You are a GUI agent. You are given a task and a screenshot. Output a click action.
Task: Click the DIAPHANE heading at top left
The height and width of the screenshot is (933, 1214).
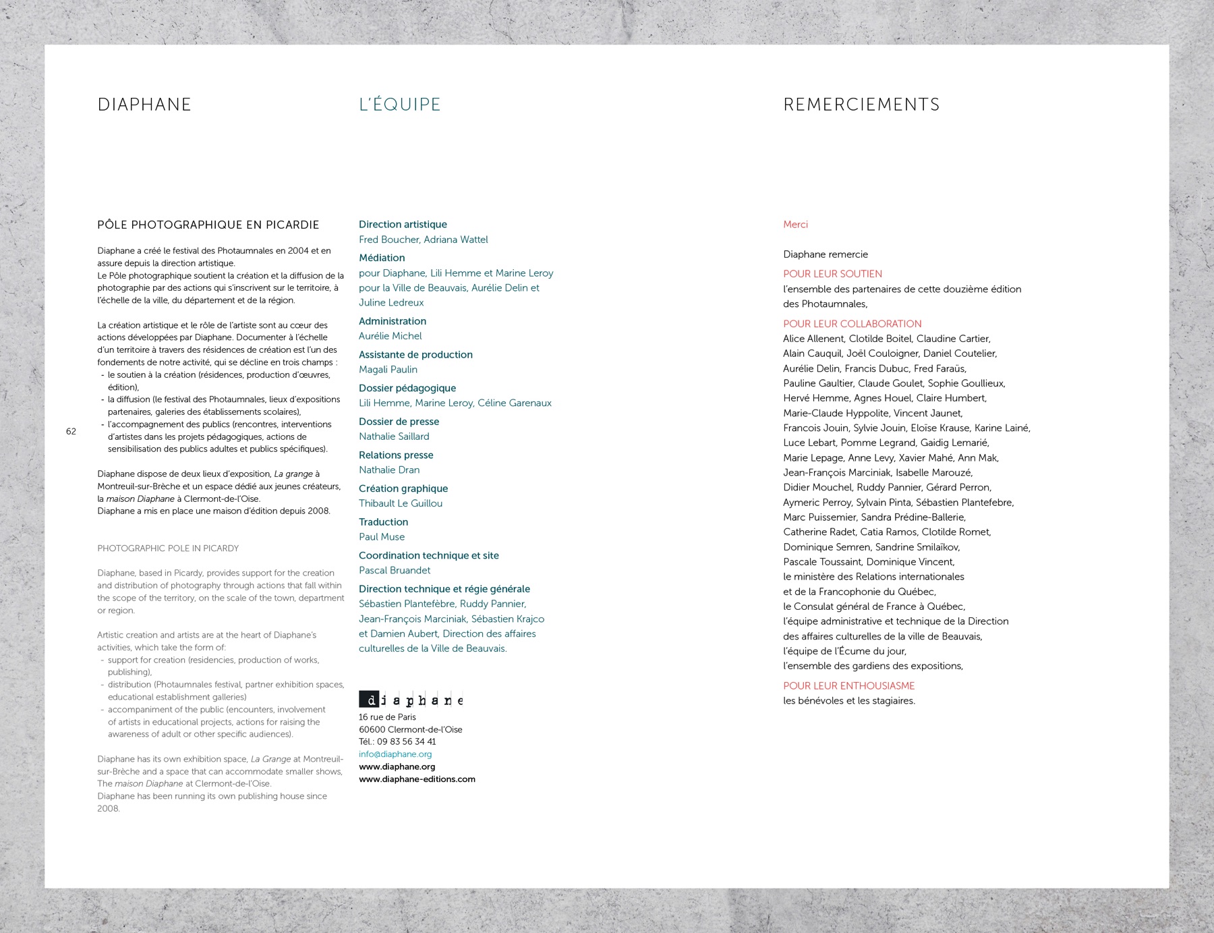[x=144, y=105]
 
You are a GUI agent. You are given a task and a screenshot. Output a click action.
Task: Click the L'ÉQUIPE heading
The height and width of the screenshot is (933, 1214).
[x=399, y=105]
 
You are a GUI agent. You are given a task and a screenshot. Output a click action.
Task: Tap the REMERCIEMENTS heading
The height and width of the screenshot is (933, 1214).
[x=861, y=105]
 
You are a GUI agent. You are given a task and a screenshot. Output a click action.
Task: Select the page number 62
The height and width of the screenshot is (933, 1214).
[x=71, y=431]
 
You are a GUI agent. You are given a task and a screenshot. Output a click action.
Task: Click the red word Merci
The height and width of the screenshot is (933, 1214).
[x=795, y=225]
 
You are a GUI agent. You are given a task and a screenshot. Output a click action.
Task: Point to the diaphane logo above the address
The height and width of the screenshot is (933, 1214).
[x=411, y=700]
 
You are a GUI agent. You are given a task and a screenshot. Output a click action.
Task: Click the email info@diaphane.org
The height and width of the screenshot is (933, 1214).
[x=395, y=754]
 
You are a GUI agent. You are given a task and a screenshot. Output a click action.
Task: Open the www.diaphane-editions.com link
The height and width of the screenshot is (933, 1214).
[x=417, y=779]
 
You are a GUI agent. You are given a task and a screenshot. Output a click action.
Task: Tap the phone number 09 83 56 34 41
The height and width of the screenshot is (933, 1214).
[x=406, y=741]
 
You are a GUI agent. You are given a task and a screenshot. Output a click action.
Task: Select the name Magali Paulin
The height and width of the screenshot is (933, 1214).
[x=388, y=370]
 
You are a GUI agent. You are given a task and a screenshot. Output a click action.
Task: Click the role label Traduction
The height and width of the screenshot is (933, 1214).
[x=383, y=522]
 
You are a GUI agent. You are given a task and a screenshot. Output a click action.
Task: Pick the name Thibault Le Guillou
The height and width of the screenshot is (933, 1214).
[x=401, y=503]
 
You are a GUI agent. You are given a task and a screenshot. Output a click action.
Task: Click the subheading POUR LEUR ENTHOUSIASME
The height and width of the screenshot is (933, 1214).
[x=848, y=686]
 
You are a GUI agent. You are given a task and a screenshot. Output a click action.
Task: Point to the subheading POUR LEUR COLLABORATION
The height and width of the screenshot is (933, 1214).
[x=852, y=324]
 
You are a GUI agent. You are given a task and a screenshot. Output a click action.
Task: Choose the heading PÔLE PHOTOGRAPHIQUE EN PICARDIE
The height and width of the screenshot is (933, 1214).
[x=208, y=225]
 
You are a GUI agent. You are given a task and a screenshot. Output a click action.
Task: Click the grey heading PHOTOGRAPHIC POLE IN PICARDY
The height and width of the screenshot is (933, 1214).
[x=168, y=548]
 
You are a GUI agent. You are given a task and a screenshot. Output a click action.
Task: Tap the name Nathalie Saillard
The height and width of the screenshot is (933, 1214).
[x=394, y=436]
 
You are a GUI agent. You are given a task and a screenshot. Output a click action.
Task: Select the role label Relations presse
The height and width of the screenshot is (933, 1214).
[x=396, y=455]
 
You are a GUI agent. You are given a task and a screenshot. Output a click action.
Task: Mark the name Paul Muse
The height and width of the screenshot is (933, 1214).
[x=382, y=537]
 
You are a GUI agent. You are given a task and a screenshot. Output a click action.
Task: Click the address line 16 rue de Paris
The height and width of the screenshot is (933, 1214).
[x=387, y=717]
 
